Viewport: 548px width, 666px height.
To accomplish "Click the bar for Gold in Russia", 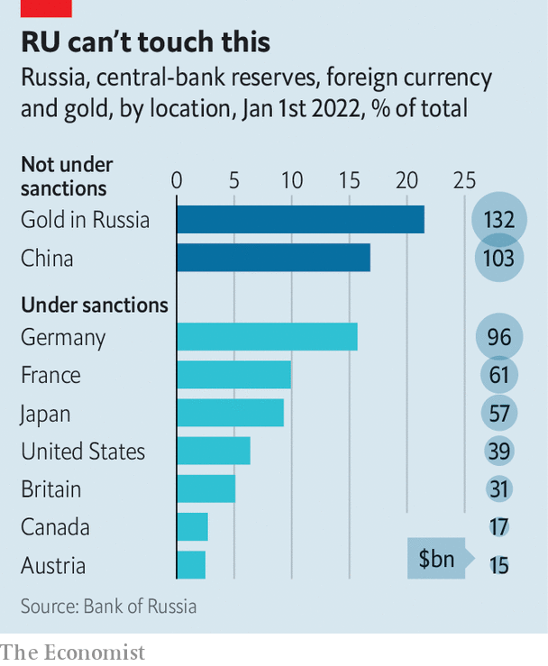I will pos(300,219).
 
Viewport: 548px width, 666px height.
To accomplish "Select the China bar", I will pos(273,258).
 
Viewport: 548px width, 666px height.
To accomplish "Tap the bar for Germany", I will pos(267,336).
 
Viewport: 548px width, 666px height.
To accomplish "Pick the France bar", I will pos(233,375).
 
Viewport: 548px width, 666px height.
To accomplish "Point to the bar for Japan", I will pos(230,413).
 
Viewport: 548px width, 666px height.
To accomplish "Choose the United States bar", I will pos(213,451).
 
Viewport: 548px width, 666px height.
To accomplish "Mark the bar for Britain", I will pos(205,488).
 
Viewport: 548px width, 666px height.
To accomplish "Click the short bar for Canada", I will pos(192,526).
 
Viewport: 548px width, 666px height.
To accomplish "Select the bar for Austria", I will pos(191,565).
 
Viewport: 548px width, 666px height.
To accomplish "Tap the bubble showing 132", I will pos(498,219).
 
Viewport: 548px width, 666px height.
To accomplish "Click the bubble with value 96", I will pos(498,337).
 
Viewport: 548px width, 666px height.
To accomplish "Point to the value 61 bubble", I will pos(498,375).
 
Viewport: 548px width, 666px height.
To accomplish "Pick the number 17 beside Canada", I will pos(498,527).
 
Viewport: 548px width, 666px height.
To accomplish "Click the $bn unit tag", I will pos(436,561).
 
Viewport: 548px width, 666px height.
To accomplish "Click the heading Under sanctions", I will pos(95,305).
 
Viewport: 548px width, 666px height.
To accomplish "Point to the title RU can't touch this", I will pos(145,41).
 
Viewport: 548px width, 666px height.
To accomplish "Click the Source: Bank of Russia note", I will pos(108,606).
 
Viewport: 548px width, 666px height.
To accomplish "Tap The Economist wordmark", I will pos(73,651).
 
